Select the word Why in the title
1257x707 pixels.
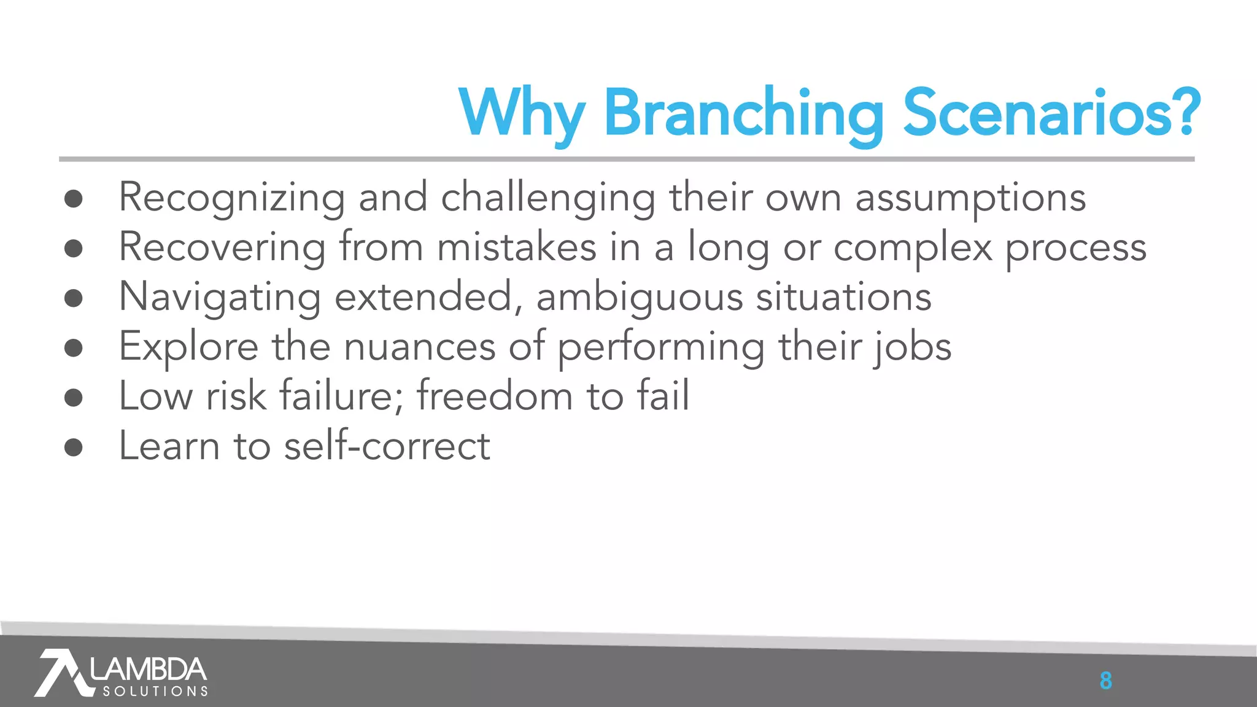(521, 114)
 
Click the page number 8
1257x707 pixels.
(1105, 681)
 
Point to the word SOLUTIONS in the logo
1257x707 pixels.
(155, 692)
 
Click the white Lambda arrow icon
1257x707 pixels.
(61, 673)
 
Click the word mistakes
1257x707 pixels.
(516, 247)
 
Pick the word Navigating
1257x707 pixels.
(220, 298)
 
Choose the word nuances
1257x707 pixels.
(419, 347)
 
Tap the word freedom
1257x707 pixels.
(495, 396)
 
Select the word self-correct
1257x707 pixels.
(387, 446)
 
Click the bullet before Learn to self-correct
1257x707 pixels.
(74, 447)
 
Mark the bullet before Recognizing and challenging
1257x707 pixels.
(74, 198)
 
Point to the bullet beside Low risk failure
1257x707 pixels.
(74, 397)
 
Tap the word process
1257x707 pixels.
(1075, 249)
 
